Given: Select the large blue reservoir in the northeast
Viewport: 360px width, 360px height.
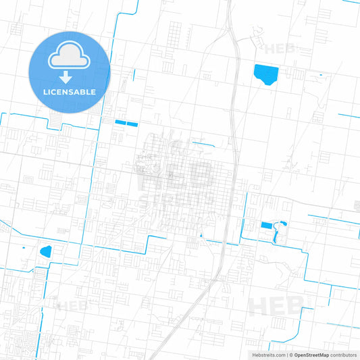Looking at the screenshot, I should click(x=265, y=74).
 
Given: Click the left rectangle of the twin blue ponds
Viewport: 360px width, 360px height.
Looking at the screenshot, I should click(x=120, y=122).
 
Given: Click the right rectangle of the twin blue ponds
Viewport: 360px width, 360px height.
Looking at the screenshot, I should click(x=132, y=123).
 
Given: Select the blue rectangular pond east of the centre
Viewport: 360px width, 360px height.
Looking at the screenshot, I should click(x=267, y=225).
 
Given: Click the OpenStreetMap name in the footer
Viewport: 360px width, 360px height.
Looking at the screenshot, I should click(x=311, y=355).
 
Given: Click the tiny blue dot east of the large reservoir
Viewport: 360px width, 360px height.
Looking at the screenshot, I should click(x=320, y=74).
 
